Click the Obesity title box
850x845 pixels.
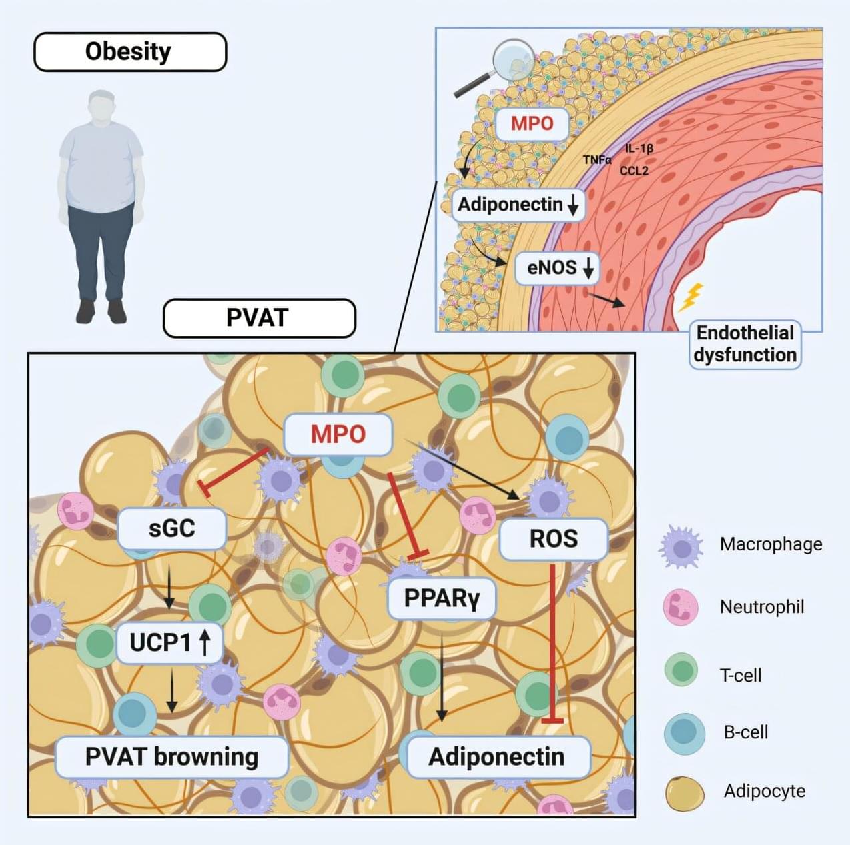[130, 52]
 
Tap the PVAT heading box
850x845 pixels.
[259, 318]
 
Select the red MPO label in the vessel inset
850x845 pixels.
[532, 123]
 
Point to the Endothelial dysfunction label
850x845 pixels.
[745, 344]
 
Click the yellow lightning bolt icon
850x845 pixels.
[691, 297]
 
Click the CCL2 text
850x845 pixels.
[634, 171]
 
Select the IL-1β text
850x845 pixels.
[639, 148]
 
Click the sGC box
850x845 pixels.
[172, 528]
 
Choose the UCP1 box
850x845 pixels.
[169, 642]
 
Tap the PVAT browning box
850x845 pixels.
[172, 757]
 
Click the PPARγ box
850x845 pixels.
[442, 598]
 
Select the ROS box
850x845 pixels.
[554, 538]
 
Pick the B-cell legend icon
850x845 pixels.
[684, 732]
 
